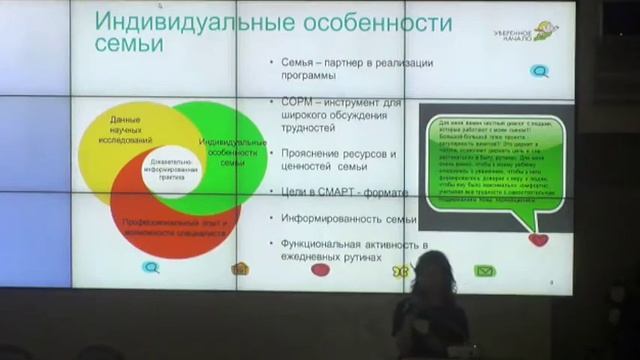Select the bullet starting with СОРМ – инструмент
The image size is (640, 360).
point(350,116)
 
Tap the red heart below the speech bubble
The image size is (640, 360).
point(538,240)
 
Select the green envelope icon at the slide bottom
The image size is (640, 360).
point(485,270)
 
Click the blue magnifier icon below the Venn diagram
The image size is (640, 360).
point(151,267)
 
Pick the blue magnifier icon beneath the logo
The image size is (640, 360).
point(539,71)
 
